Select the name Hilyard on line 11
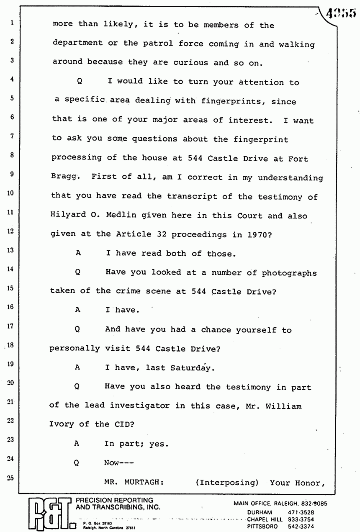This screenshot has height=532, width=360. tap(66, 216)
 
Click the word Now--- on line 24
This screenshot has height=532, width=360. tap(118, 463)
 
